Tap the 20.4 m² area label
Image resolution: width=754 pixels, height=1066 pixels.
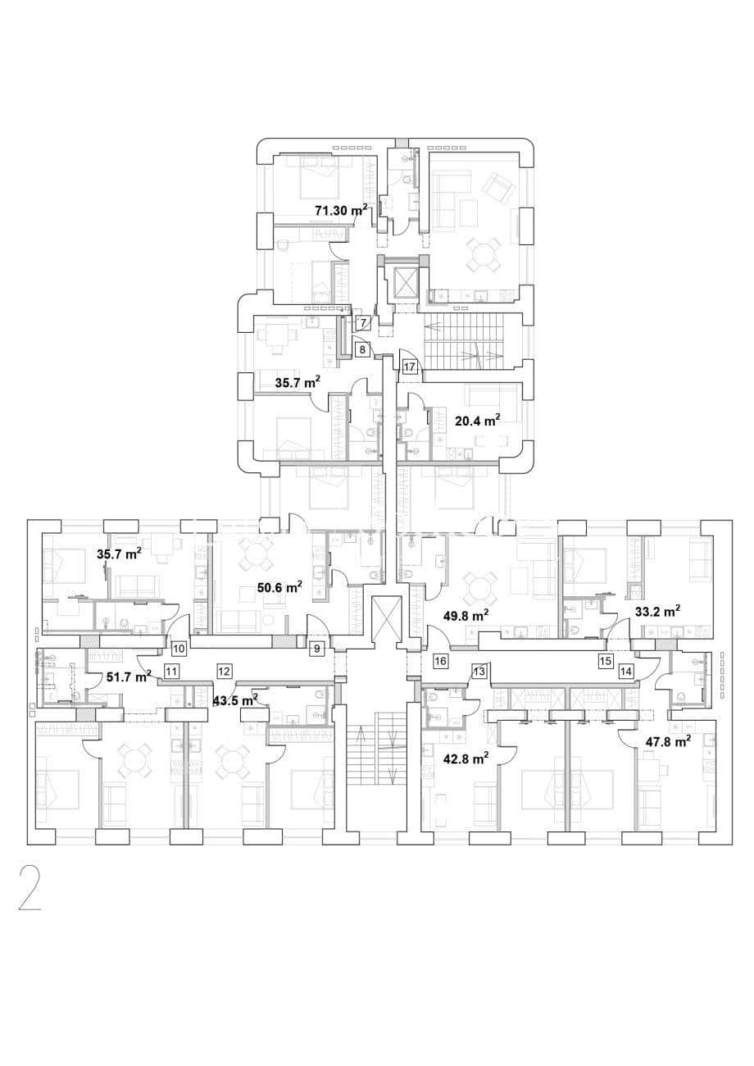coord(478,420)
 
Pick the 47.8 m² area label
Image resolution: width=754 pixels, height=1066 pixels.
coord(668,742)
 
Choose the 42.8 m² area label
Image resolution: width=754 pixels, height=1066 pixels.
coord(466,758)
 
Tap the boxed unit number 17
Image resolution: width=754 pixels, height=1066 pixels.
coord(410,367)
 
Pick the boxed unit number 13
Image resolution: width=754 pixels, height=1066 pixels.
coord(479,672)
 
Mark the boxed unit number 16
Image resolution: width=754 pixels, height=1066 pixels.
coord(440,661)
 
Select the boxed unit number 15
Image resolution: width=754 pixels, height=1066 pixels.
coord(606,661)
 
